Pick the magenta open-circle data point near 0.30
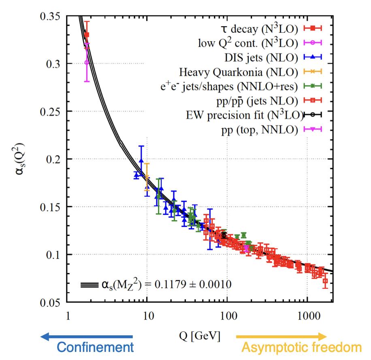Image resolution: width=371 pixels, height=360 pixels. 87,62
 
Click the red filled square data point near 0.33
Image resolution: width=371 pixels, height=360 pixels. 87,35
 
